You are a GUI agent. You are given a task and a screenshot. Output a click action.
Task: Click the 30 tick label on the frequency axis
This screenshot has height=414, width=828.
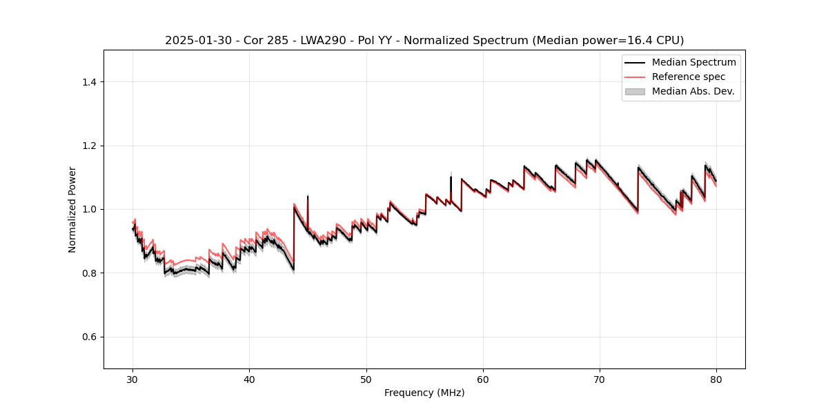(x=132, y=379)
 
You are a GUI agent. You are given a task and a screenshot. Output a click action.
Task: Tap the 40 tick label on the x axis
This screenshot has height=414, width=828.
(x=249, y=379)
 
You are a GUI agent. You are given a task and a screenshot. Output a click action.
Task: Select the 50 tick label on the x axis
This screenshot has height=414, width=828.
(x=366, y=379)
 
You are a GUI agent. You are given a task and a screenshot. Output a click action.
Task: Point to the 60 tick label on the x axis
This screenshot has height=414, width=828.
(x=483, y=379)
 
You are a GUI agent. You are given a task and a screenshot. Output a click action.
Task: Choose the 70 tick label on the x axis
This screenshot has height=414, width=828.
(x=600, y=379)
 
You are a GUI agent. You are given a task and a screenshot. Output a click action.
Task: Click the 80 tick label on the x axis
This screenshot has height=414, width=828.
(x=716, y=379)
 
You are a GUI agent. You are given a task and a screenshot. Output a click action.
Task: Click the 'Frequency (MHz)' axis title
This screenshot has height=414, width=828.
(x=424, y=393)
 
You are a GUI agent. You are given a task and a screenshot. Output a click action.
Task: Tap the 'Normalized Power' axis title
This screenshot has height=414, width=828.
(x=72, y=209)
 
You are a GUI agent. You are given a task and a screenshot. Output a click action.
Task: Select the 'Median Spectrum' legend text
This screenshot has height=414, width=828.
(x=693, y=62)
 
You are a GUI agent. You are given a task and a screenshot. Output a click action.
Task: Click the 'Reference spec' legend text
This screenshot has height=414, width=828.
(x=688, y=77)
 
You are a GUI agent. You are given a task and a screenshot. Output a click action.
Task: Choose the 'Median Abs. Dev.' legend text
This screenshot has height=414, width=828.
(x=693, y=91)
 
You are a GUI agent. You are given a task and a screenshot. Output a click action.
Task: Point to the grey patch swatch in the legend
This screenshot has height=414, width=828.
(x=635, y=91)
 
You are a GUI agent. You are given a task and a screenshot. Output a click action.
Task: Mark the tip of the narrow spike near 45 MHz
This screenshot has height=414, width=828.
(x=308, y=196)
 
